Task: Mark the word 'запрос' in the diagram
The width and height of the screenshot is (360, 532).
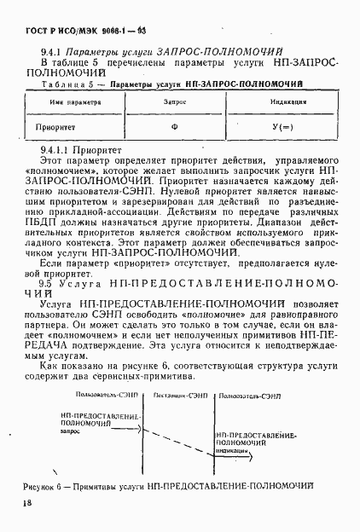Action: pos(73,431)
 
